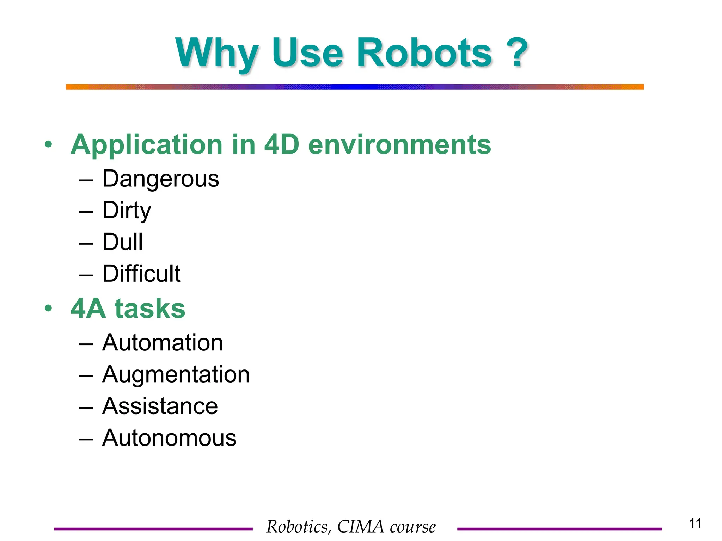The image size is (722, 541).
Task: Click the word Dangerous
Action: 161,179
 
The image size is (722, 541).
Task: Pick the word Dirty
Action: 127,210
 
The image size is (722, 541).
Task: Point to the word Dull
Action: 123,242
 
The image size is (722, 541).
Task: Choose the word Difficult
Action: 141,274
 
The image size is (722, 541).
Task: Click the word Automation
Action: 163,342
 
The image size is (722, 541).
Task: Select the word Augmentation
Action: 176,374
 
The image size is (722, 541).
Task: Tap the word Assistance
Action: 160,406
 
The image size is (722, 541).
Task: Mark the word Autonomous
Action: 169,438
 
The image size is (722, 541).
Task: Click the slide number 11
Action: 695,524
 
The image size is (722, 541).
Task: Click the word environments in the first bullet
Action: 399,145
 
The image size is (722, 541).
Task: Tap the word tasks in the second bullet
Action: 150,309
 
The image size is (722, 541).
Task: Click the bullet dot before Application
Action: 48,145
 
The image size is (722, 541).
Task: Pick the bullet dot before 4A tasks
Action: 48,309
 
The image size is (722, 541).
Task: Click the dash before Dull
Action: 86,243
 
